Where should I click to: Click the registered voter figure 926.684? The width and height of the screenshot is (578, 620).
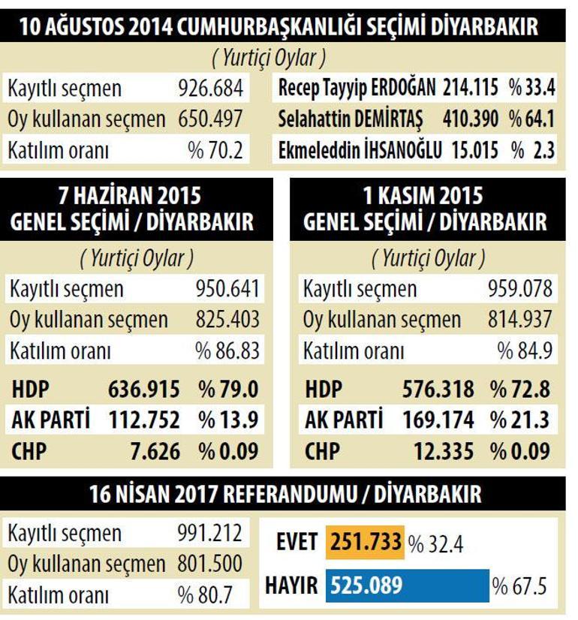[x=210, y=89]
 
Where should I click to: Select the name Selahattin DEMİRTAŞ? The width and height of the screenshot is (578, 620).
[x=351, y=119]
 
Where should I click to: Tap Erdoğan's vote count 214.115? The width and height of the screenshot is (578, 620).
[x=471, y=88]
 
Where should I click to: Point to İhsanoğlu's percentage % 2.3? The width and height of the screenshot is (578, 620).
[x=532, y=149]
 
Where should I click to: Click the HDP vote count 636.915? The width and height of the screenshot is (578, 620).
[x=144, y=390]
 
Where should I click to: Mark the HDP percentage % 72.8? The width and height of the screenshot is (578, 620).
[x=521, y=390]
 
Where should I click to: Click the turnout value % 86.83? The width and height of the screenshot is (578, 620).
[x=227, y=351]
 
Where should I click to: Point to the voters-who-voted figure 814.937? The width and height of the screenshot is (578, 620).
[x=521, y=320]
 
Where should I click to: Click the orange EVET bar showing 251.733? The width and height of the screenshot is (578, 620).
[x=364, y=542]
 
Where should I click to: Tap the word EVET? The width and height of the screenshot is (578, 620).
[x=297, y=542]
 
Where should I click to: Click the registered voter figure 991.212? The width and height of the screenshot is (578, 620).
[x=210, y=534]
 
